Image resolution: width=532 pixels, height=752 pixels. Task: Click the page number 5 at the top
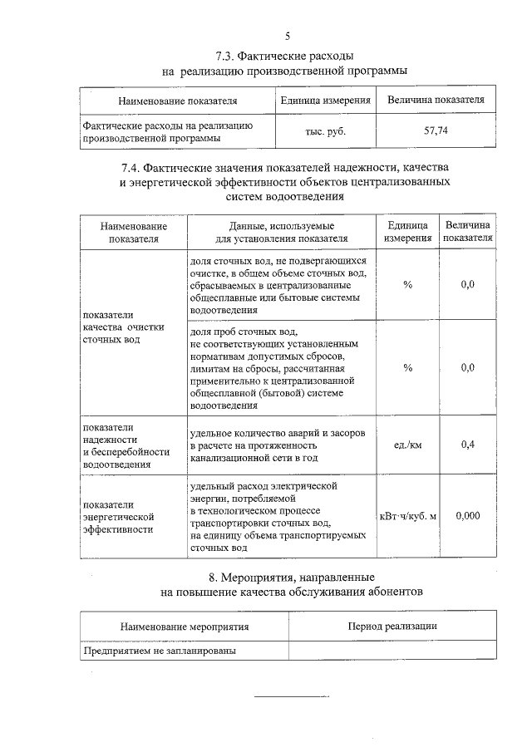288,36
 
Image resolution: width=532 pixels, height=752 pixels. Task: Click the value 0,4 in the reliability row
467,444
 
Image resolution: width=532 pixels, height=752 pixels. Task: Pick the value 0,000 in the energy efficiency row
467,515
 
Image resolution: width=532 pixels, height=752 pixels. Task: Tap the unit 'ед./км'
407,444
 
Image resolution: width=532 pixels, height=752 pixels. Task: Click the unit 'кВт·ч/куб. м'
407,516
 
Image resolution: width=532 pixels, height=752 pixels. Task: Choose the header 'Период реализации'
392,626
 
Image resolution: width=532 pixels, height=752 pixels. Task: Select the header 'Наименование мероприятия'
184,627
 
